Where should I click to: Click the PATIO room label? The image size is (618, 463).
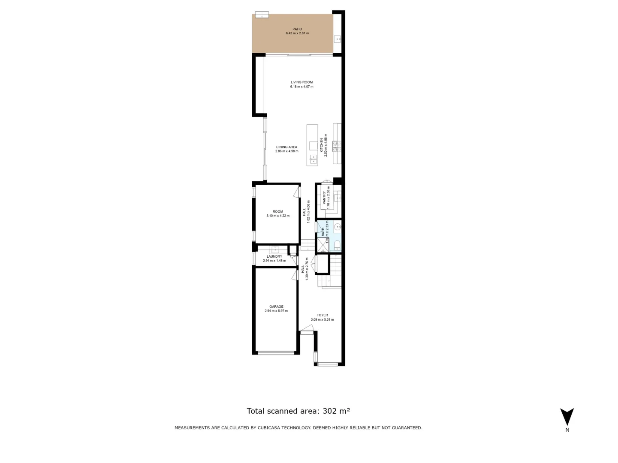[x=297, y=29]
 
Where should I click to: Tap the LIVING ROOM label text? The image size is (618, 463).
[x=301, y=82]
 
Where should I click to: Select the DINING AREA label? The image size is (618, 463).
[x=286, y=147]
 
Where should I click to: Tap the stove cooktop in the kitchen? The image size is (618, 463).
[x=337, y=146]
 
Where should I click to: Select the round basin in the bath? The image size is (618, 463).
[x=338, y=227]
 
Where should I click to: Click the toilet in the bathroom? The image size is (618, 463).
[x=338, y=245]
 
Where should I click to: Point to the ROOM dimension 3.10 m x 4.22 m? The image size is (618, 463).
[x=278, y=216]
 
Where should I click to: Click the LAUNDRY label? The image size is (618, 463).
[x=274, y=256]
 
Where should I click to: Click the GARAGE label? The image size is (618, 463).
[x=276, y=307]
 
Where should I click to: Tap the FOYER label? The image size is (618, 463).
[x=322, y=315]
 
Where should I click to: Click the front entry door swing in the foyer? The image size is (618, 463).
[x=307, y=328]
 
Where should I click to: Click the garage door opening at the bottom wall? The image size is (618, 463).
[x=276, y=353]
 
